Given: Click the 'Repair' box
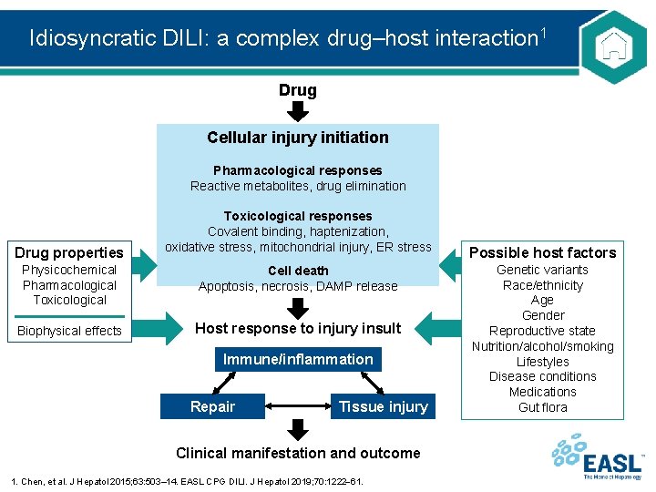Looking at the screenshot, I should pos(212,406).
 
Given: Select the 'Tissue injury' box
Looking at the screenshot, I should pos(383,406).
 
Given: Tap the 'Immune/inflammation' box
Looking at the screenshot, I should pos(298,359).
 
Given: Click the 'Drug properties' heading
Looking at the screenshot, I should pos(69,252).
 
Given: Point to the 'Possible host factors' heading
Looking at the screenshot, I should pos(542,252).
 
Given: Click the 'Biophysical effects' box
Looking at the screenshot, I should pos(69,331).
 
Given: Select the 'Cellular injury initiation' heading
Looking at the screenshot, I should pos(298,138).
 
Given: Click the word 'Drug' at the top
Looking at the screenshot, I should pos(298,90).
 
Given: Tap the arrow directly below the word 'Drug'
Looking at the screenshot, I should pos(298,112).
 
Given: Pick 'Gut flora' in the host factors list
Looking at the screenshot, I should pos(542,407).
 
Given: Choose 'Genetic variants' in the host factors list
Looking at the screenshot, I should pos(542,270).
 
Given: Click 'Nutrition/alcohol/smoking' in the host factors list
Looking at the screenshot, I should pos(542,346).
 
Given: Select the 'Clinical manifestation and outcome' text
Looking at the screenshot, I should pos(298,453).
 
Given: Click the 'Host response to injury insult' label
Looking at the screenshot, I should pos(298,328).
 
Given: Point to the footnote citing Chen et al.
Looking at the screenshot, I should pos(187,480).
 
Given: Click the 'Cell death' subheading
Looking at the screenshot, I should pos(298,271).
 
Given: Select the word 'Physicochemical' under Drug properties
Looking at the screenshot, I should pos(69,270).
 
